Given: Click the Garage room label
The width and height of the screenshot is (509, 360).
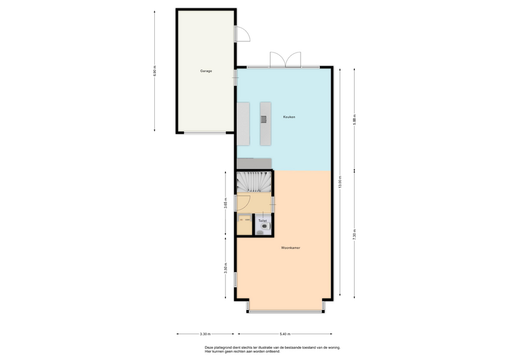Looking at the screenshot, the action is point(206,71).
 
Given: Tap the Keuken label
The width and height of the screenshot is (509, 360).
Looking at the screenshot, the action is point(289,117).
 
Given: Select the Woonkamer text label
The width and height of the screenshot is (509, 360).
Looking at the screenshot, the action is point(291,248).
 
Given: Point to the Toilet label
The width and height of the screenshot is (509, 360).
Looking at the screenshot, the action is point(262,221).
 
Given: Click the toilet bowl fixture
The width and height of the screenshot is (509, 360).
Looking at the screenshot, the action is point(265,226).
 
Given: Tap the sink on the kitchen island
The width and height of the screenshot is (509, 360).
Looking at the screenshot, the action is point(264,119).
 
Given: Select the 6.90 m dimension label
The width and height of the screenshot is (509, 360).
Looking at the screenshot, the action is point(155,71).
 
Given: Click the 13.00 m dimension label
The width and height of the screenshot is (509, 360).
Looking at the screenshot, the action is point(340,182).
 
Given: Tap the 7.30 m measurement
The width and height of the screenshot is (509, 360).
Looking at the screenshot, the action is point(355,235).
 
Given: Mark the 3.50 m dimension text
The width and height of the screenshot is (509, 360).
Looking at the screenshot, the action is point(226,268).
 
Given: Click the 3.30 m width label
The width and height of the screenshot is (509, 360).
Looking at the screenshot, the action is point(206,333).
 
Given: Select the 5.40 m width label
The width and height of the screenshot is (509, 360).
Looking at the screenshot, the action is point(285,333).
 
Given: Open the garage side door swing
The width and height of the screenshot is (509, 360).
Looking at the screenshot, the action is point(243,34).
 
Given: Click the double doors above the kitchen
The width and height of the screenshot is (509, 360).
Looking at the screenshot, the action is point(285,60).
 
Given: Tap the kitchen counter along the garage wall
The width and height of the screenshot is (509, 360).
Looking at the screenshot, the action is point(243,124).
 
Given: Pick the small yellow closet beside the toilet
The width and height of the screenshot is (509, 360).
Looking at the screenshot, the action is point(244,224).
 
